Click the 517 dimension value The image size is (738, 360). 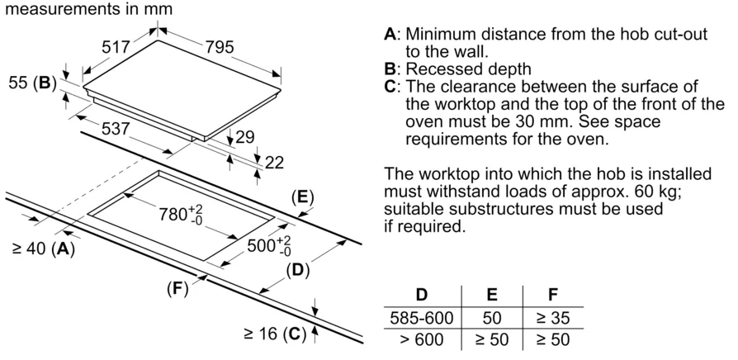pos(116,49)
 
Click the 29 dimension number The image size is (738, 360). pos(245,138)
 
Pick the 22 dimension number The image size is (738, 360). pos(273,163)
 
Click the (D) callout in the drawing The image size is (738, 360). pos(296,270)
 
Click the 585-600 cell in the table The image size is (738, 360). pos(421,317)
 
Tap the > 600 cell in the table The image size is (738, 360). pos(421,339)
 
